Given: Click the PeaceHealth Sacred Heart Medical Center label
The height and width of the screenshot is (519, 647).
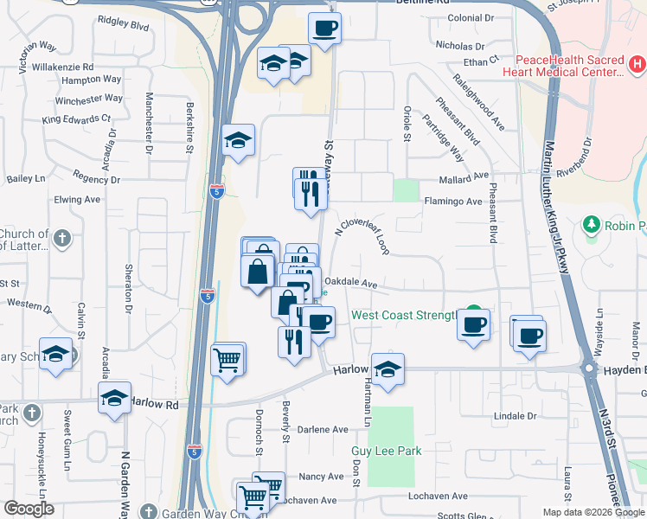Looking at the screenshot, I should (x=569, y=67).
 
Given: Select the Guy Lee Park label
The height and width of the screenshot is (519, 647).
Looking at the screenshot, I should (x=386, y=452).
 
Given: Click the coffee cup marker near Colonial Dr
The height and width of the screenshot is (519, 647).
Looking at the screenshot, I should (x=324, y=29).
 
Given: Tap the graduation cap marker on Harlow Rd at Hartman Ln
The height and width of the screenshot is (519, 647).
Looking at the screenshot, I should (x=388, y=369).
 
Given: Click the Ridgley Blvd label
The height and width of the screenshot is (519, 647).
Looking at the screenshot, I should (x=124, y=26).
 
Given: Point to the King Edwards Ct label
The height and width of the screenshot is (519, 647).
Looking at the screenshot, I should (x=76, y=119).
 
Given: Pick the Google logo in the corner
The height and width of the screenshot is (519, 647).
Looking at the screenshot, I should (x=29, y=509).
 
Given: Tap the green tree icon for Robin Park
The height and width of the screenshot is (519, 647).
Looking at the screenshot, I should (x=592, y=225).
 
